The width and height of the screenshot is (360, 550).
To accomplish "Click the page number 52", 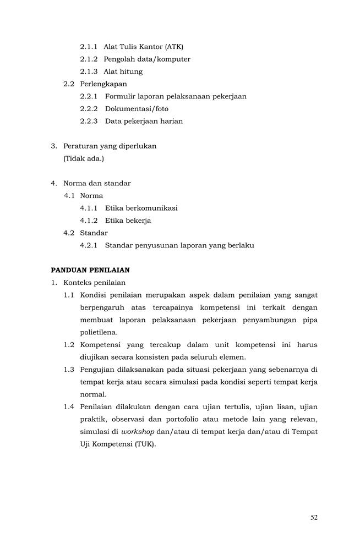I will (x=314, y=517).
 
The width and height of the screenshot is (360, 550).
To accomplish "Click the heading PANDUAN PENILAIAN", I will (x=90, y=270).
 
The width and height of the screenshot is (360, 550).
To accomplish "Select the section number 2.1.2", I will (x=89, y=59).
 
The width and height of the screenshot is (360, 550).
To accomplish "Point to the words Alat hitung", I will (x=123, y=71).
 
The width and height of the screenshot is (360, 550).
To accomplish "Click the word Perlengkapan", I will (x=103, y=84).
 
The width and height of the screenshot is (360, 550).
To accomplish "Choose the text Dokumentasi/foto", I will (x=137, y=109).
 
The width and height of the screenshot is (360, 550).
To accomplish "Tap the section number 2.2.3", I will (x=89, y=121).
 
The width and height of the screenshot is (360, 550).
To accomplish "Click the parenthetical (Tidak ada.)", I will (x=84, y=158).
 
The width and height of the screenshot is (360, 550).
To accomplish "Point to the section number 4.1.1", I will (x=89, y=208).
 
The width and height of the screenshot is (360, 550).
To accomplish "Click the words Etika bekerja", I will (x=128, y=221).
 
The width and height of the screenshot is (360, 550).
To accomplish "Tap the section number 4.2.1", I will (x=89, y=245).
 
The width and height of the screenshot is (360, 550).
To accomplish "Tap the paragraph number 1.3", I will (x=69, y=370).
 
